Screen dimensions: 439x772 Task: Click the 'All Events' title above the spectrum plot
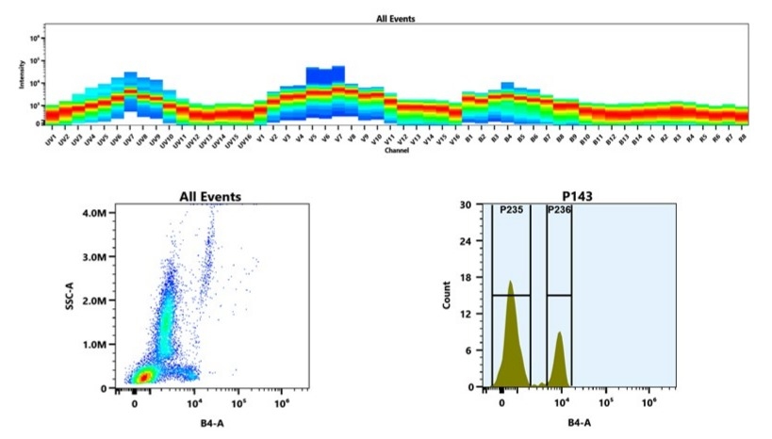pos(395,18)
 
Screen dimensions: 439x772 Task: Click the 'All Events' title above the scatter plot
pos(210,197)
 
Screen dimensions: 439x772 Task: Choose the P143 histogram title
pos(583,197)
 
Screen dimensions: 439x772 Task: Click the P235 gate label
pos(511,212)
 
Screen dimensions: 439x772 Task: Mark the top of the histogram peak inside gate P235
pos(510,281)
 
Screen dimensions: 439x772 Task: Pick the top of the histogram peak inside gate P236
pos(560,332)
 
